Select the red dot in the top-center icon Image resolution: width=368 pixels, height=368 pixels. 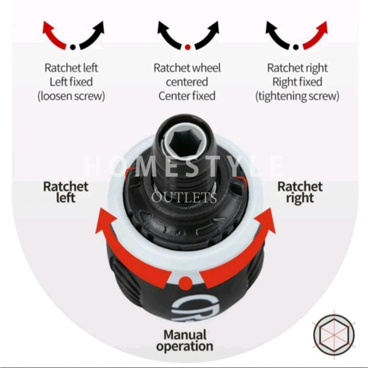(187, 46)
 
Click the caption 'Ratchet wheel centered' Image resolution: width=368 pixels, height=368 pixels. (187, 75)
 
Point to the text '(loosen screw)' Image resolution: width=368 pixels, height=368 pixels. (71, 96)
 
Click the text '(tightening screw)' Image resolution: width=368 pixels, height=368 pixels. (297, 96)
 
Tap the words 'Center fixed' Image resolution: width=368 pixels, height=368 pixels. (187, 96)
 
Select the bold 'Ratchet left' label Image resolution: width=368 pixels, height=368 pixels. (66, 192)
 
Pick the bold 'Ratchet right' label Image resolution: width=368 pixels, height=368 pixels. (300, 192)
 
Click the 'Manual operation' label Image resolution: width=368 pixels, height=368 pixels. (185, 340)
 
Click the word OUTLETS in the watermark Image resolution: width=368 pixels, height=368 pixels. (184, 198)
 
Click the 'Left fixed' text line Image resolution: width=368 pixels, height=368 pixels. (71, 82)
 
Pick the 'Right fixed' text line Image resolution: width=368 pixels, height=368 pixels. (297, 82)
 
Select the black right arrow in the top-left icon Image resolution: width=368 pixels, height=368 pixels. (93, 33)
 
